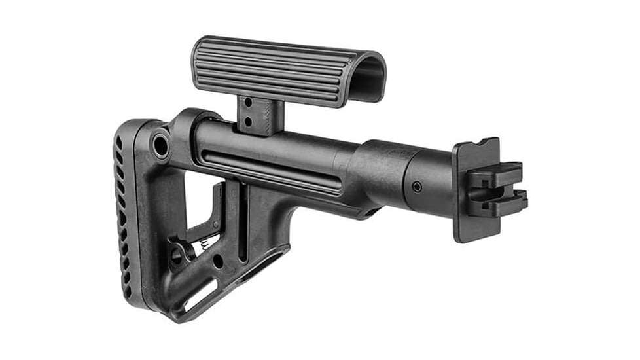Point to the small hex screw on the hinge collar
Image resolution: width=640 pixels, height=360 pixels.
click(417, 187)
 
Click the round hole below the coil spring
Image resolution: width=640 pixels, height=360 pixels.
click(217, 261)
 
